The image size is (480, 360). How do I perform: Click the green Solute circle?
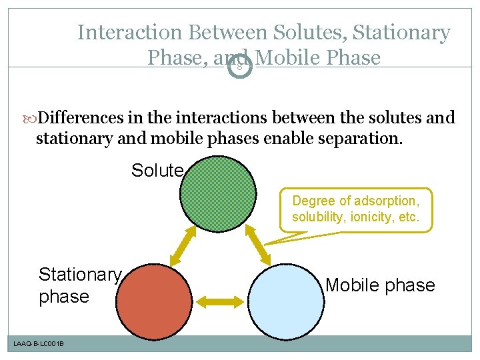pos(218,193)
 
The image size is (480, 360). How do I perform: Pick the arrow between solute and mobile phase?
pos(257,244)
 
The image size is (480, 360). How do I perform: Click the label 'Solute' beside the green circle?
pos(157,171)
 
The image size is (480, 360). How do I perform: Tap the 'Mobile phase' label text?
pos(380,285)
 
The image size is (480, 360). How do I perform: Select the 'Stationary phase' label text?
pos(79,285)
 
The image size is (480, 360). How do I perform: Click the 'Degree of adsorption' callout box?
pos(355,209)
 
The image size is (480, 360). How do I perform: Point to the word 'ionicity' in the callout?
pos(376,217)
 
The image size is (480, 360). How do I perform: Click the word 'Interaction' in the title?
pos(130,32)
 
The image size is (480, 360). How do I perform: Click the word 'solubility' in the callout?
pos(316,217)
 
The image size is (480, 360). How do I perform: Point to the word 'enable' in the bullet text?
pos(293,139)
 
